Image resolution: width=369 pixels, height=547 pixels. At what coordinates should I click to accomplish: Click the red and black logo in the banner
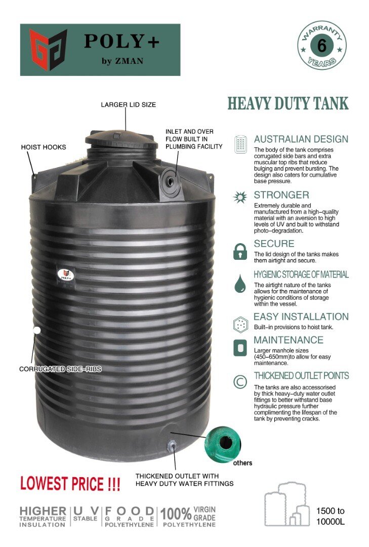[48, 50]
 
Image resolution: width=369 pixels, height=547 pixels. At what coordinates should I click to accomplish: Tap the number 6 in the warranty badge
[321, 46]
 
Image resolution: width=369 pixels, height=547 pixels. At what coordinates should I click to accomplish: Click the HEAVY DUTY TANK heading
[288, 103]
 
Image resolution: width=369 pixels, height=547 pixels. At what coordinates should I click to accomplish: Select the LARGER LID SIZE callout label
[128, 105]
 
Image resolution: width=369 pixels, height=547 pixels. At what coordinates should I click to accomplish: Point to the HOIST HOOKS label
[44, 147]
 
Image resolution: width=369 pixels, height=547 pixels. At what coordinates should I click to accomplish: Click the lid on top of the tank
[119, 137]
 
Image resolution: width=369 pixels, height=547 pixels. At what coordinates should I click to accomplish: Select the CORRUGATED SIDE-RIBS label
[60, 369]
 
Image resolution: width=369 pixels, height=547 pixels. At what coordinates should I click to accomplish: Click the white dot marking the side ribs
[36, 330]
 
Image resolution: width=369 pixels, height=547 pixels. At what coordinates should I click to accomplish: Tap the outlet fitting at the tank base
[172, 446]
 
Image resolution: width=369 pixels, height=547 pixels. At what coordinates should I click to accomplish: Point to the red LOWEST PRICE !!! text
[70, 484]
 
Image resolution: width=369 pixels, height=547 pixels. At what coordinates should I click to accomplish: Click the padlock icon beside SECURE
[240, 252]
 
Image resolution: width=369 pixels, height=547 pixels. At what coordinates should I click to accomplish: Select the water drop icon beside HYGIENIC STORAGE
[240, 284]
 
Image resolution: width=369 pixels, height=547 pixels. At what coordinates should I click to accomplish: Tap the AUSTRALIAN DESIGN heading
[301, 139]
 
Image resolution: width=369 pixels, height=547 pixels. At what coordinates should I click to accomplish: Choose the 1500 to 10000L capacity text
[330, 516]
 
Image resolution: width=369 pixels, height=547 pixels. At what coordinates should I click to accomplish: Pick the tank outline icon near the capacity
[286, 504]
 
